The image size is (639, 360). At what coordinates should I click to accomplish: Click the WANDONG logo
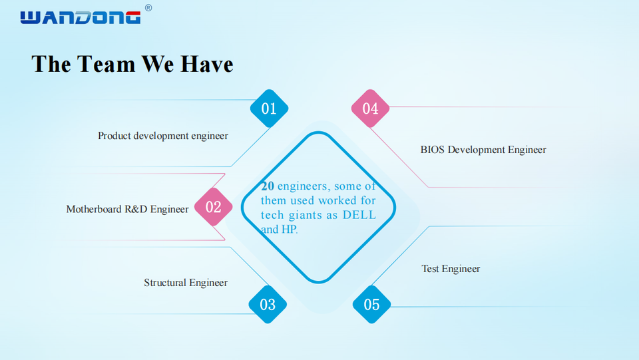(81, 17)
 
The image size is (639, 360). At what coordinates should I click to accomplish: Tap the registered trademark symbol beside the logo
(148, 8)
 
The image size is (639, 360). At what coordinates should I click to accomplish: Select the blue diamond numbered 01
(269, 108)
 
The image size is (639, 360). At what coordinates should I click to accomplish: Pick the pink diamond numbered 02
(213, 207)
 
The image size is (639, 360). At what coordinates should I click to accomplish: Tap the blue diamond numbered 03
(268, 305)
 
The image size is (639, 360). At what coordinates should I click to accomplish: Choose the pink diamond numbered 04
(370, 108)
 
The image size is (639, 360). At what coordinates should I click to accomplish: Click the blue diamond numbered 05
(371, 305)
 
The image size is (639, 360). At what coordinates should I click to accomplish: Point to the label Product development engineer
(163, 136)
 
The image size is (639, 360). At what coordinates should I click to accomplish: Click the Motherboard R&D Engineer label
(127, 209)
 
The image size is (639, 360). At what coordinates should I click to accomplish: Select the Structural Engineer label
(186, 283)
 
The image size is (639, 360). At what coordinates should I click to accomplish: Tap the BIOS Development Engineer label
(483, 150)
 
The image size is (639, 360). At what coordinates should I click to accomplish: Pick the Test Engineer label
(451, 269)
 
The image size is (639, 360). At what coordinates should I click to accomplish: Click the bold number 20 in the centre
(268, 186)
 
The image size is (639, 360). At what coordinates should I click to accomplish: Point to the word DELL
(359, 215)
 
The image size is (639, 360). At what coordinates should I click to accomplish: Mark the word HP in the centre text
(289, 230)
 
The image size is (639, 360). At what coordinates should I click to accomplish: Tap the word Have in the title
(205, 64)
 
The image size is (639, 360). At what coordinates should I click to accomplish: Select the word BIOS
(433, 150)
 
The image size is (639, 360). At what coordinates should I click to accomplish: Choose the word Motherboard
(94, 209)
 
